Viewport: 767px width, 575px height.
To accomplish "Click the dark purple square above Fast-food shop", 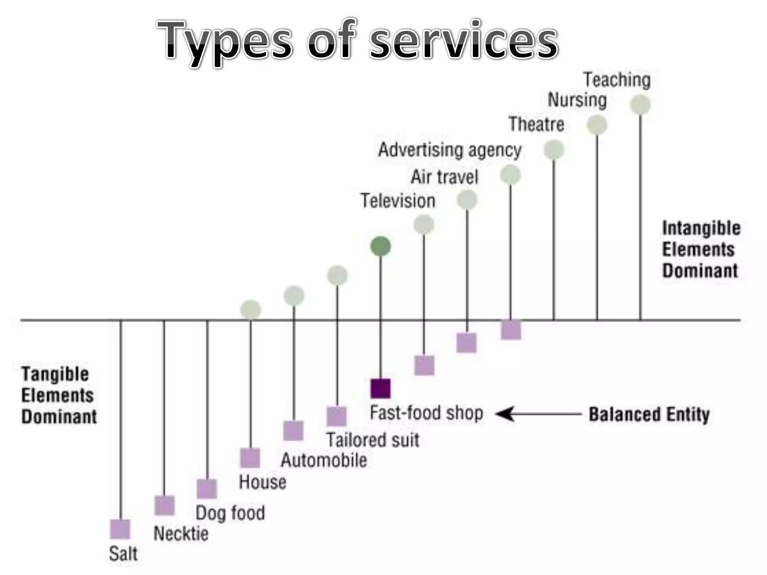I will pos(381,388).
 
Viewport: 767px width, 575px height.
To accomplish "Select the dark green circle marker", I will pos(381,246).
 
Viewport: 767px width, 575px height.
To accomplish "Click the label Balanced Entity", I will pos(649,414).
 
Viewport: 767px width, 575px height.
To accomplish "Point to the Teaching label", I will pos(617,80).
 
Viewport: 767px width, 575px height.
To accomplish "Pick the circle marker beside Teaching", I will pos(640,104).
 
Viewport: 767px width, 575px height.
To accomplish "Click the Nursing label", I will pos(577,100).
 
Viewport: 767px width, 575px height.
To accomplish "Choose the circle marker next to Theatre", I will pos(554,150).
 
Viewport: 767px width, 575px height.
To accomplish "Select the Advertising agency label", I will pos(450,150).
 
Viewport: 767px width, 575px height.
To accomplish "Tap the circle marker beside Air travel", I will pos(467,200).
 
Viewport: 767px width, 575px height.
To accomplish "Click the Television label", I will pos(398,201).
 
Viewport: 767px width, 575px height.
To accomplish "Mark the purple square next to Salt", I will pos(120,529).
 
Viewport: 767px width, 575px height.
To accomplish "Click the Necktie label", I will pos(181,533).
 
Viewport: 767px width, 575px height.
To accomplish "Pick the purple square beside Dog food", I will pos(207,489).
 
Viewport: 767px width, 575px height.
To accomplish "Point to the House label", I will pos(263,482).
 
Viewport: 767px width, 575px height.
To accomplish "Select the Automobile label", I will pos(324,460).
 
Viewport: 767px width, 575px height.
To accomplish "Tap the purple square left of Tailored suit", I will pos(336,416).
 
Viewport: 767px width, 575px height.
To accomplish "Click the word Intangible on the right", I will pos(701,228).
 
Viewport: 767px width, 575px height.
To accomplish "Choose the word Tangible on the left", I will pos(55,374).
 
